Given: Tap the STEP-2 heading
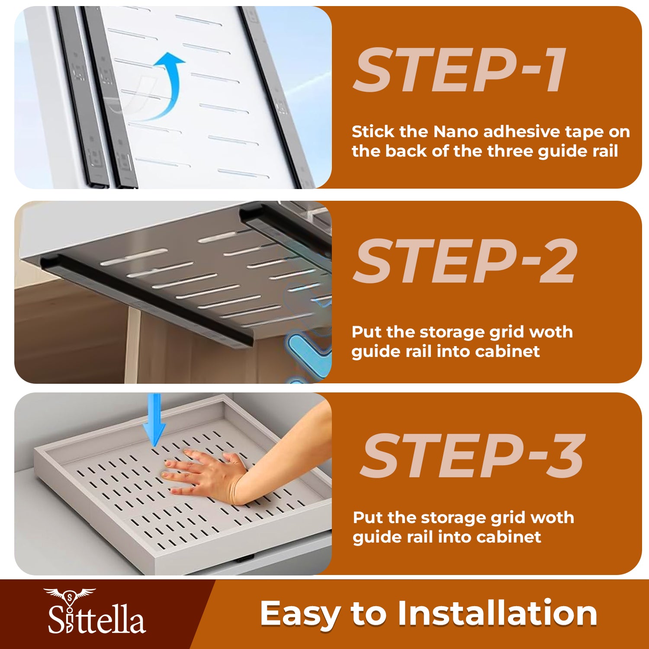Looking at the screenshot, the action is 466,261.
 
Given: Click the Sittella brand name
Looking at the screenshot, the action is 96,619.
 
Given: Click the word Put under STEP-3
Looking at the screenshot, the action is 368,517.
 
